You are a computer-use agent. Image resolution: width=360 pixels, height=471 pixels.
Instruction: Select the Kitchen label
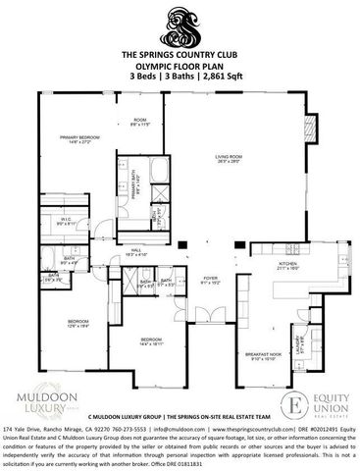[x=287, y=266]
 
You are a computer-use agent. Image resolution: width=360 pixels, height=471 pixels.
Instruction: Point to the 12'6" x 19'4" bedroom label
[x=77, y=324]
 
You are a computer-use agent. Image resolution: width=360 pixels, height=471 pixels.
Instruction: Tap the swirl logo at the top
[x=180, y=22]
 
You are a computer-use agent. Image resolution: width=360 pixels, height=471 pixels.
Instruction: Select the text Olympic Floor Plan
[x=180, y=66]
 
